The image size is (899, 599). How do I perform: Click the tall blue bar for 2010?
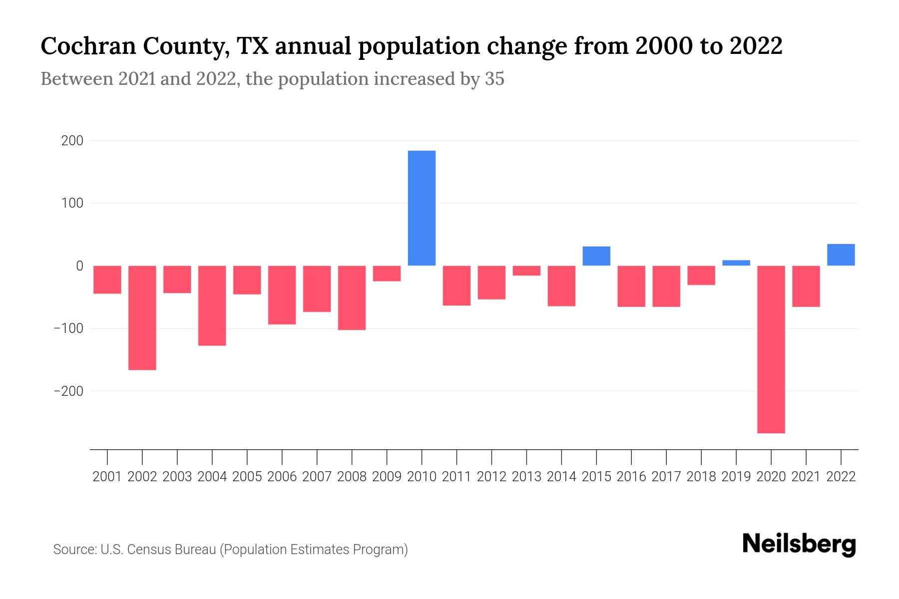tap(422, 208)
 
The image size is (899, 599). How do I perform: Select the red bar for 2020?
tap(771, 349)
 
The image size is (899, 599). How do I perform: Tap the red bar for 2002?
tap(142, 317)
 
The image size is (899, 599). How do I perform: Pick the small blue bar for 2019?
tap(736, 263)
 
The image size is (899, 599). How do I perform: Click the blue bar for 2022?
tap(841, 255)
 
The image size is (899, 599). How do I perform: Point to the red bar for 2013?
tap(526, 271)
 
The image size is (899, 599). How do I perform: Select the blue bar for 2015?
tap(596, 256)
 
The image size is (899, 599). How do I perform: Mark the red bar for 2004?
tap(212, 305)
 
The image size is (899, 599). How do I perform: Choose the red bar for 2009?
tap(387, 274)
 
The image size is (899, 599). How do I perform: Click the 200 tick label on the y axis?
tap(72, 141)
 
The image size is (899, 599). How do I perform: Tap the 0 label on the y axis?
tap(79, 266)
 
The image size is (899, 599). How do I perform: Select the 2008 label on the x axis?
tap(352, 477)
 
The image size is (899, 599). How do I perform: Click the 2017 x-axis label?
tap(666, 477)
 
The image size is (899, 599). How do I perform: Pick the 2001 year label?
tap(107, 477)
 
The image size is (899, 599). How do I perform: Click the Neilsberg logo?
tap(799, 545)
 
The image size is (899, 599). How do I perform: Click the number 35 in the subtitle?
tap(494, 79)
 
